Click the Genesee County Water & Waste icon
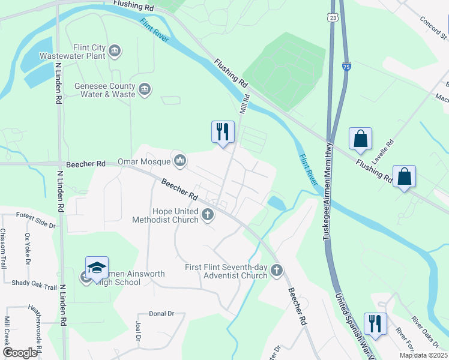(145, 90)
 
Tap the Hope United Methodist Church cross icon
(208, 215)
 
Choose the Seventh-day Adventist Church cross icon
(276, 271)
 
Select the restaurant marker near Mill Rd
(223, 131)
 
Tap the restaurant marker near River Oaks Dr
(375, 324)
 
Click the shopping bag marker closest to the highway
(360, 139)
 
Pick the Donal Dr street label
(161, 314)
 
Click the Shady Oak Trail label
(34, 281)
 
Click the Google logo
(20, 353)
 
